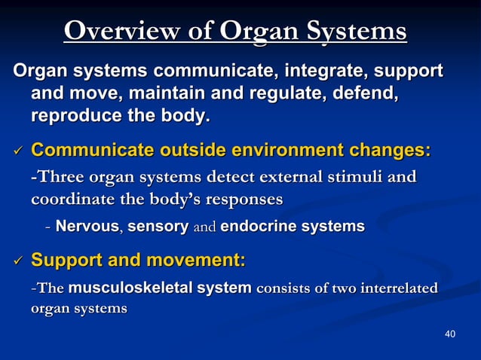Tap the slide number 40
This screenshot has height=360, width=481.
(450, 334)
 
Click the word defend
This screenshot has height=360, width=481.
(365, 95)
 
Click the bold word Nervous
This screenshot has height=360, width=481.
(88, 226)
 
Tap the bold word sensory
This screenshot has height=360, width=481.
(158, 226)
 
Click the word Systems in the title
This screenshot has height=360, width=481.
(355, 32)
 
